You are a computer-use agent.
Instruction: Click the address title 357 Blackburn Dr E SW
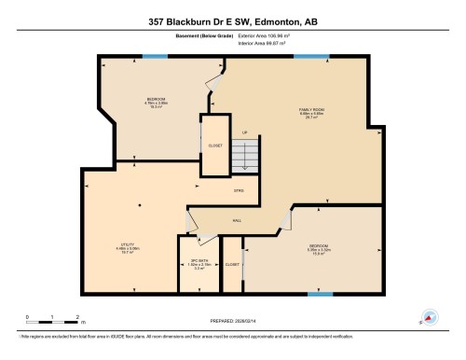pyautogui.click(x=232, y=20)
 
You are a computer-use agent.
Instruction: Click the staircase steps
pyautogui.click(x=245, y=157)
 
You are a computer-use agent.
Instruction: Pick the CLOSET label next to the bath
pyautogui.click(x=231, y=264)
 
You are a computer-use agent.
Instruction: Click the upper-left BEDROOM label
pyautogui.click(x=157, y=98)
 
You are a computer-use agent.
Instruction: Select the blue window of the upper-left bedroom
pyautogui.click(x=156, y=57)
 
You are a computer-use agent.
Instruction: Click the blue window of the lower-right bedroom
pyautogui.click(x=320, y=295)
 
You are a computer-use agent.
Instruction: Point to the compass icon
pyautogui.click(x=430, y=316)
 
